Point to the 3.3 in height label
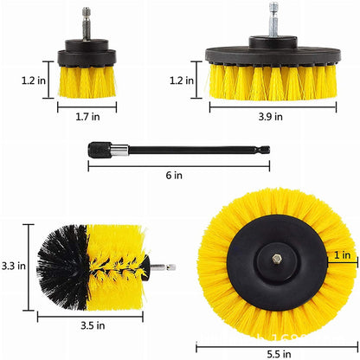tap(14, 266)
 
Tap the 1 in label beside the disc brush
tap(342, 255)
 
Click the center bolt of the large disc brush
tap(274, 256)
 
